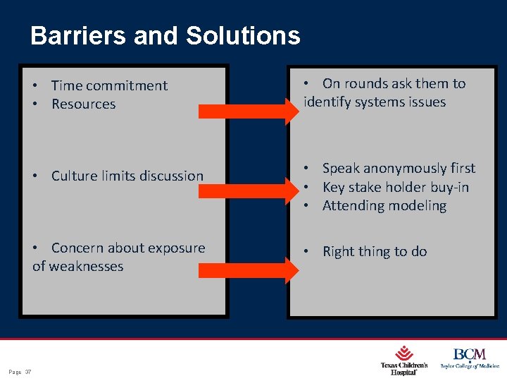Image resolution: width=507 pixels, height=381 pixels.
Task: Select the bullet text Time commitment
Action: click(x=109, y=85)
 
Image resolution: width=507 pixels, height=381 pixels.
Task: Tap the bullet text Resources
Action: click(x=83, y=104)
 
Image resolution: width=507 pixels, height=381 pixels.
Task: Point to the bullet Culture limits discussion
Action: click(x=127, y=176)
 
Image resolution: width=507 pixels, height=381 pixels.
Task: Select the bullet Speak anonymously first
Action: click(x=399, y=168)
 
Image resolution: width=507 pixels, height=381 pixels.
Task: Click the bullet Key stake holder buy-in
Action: click(x=395, y=187)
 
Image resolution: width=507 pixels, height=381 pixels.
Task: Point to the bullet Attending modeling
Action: click(x=384, y=205)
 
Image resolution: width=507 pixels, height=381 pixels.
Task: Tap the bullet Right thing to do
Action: click(x=374, y=251)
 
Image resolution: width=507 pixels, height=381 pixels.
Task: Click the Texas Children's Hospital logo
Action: click(x=404, y=359)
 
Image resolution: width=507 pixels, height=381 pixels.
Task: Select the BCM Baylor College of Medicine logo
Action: click(x=470, y=358)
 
